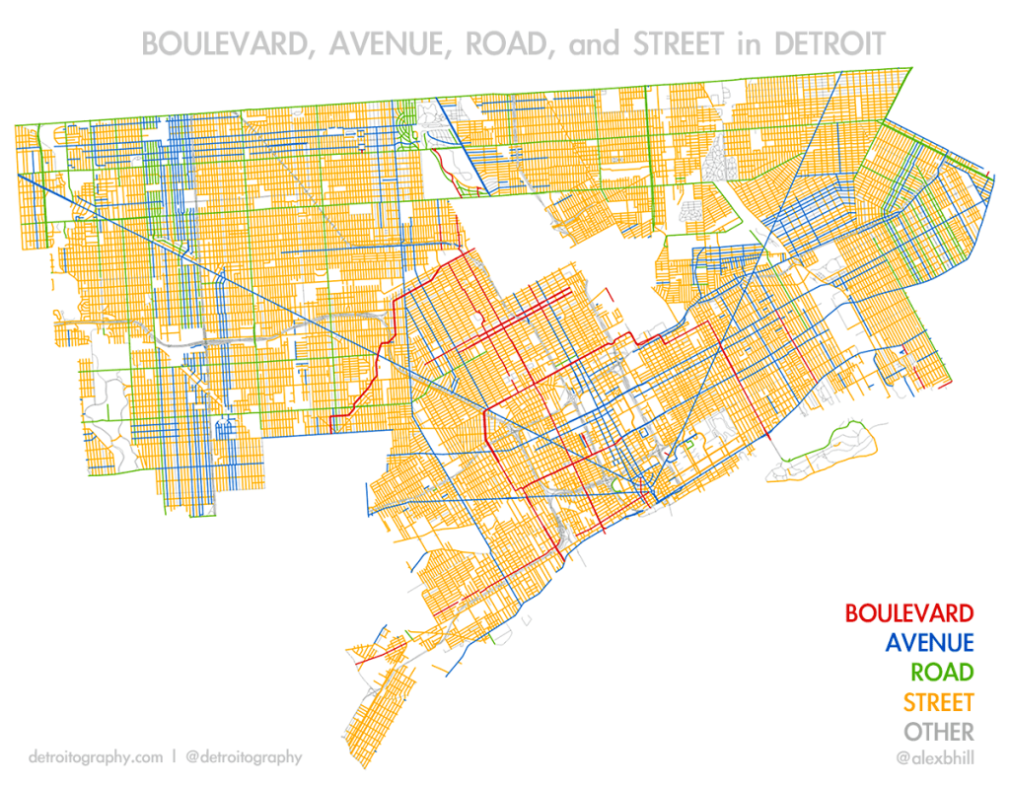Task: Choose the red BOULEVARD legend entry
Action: pos(908,613)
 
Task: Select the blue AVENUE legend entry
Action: pos(929,643)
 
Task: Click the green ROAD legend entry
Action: pos(941,673)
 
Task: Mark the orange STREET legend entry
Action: pos(938,702)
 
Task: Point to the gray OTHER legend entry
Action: pos(939,732)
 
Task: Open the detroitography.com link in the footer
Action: pos(96,757)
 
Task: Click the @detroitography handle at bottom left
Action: pos(243,757)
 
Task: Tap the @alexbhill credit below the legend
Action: pos(934,757)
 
